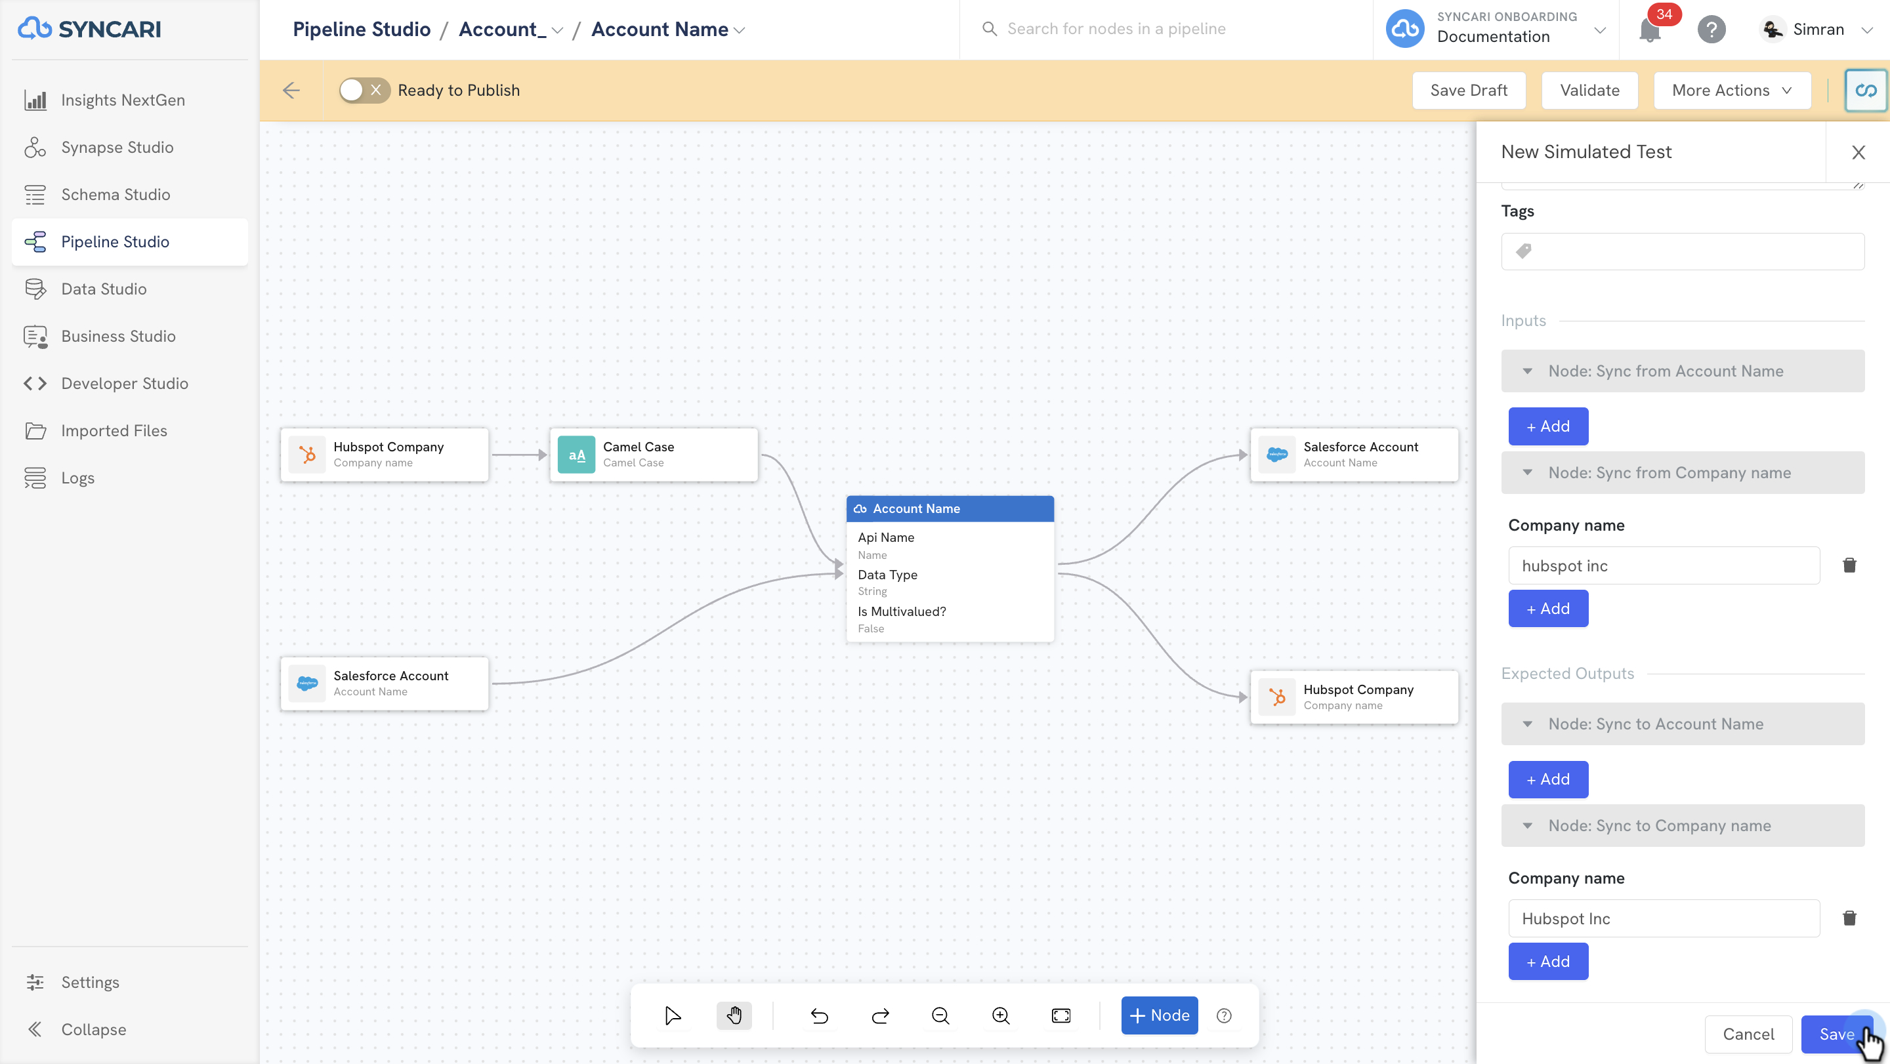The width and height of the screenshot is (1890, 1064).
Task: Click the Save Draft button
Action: [1469, 90]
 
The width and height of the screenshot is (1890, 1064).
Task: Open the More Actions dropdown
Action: [1732, 90]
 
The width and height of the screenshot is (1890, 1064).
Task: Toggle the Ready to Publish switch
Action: [364, 90]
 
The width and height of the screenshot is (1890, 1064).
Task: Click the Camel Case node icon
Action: [577, 455]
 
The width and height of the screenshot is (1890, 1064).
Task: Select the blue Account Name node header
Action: [950, 509]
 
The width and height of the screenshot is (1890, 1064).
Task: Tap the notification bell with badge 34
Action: [1650, 30]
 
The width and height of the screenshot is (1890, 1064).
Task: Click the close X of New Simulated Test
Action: [1858, 153]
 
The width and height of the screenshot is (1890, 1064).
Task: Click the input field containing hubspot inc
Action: [1664, 565]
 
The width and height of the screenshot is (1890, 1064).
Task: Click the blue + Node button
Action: [1159, 1015]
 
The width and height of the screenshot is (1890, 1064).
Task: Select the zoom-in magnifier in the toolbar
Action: [1001, 1015]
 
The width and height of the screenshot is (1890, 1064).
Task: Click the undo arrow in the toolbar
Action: [820, 1015]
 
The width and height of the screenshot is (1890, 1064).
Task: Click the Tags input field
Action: [1683, 251]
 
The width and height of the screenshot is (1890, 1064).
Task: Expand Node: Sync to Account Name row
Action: [1683, 724]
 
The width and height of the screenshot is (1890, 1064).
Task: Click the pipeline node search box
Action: [1167, 30]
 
